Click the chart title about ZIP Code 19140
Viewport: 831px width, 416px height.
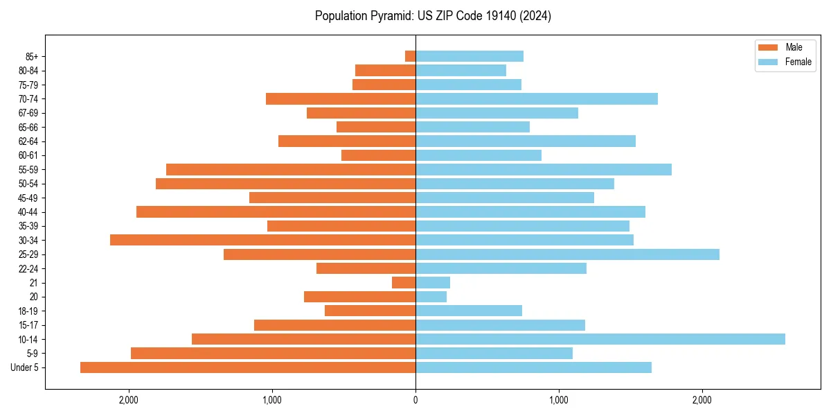(x=433, y=16)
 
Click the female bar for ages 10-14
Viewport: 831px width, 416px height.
(x=600, y=339)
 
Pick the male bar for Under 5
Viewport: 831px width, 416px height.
(x=248, y=367)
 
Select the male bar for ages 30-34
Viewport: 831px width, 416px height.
(x=262, y=240)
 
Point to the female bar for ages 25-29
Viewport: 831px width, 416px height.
(x=567, y=254)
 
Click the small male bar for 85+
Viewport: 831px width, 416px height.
(x=410, y=56)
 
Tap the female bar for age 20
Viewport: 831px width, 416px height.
(x=431, y=297)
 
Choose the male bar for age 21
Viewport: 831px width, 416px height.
(x=404, y=283)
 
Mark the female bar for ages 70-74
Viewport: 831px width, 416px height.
(x=537, y=98)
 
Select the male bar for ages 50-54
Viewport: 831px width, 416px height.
(x=285, y=184)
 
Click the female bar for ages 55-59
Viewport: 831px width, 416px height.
(x=544, y=169)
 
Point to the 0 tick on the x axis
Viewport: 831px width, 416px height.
(x=415, y=399)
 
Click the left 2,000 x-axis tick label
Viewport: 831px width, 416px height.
(x=129, y=399)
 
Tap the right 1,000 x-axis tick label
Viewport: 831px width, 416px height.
(x=559, y=399)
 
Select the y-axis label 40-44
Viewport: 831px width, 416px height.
(x=28, y=212)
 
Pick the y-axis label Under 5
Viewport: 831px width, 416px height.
(x=25, y=367)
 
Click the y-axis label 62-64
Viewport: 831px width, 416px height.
(x=28, y=141)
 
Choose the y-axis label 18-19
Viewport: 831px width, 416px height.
(x=28, y=311)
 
